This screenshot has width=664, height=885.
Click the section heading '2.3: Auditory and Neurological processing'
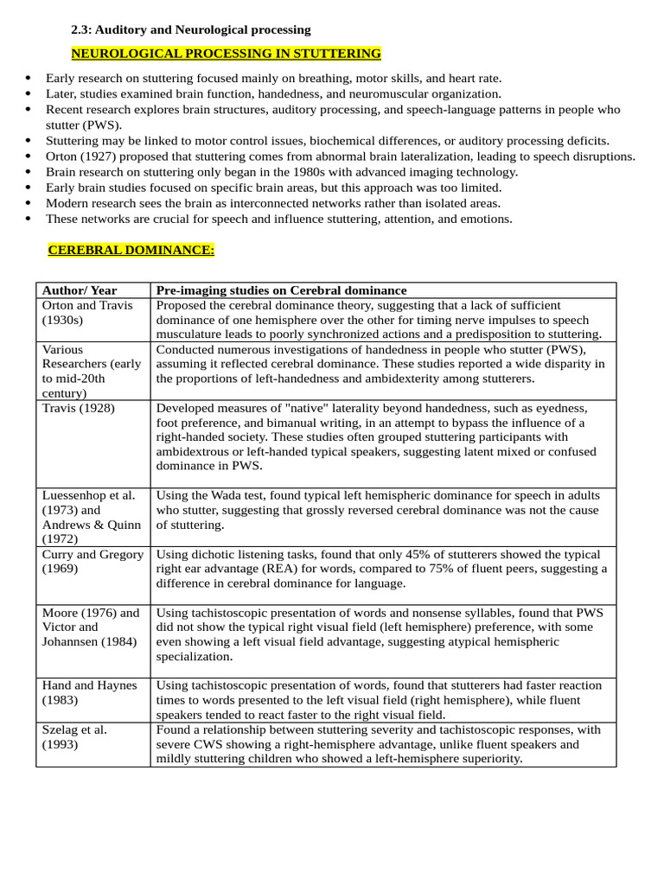(x=190, y=30)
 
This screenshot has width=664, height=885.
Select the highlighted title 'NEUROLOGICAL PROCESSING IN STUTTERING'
(x=226, y=54)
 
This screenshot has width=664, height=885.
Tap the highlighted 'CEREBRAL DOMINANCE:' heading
(x=131, y=250)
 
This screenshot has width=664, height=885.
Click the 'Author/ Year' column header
(x=80, y=290)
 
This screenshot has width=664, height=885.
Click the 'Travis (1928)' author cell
(x=78, y=409)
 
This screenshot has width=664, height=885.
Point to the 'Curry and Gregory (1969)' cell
(x=93, y=561)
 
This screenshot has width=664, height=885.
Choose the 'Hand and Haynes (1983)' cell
(x=90, y=692)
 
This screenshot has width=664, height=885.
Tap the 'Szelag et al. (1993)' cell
(x=75, y=736)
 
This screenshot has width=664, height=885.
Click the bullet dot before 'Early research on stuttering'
(x=29, y=79)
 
